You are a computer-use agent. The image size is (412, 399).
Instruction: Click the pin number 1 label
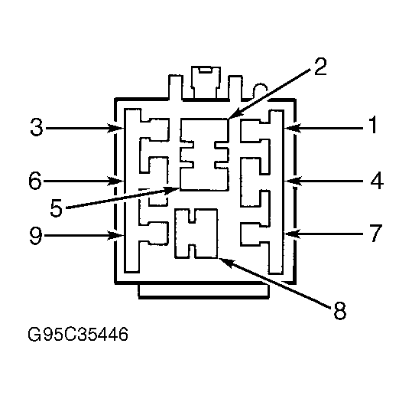[x=372, y=125]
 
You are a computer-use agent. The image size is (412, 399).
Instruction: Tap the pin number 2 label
[x=320, y=67]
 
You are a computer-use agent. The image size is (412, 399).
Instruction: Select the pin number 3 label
[x=36, y=127]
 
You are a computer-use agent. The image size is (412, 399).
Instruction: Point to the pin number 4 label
[x=377, y=180]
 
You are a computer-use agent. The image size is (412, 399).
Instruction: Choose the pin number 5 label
[x=57, y=208]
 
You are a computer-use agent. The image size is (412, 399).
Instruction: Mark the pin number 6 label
[x=35, y=180]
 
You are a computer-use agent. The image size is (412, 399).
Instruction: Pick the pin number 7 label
[x=376, y=233]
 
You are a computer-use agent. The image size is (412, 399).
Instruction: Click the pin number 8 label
[x=339, y=311]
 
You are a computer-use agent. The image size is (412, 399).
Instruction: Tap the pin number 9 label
[x=36, y=236]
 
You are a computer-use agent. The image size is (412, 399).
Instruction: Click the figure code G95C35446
[x=78, y=334]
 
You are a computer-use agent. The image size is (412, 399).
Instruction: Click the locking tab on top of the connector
[x=206, y=82]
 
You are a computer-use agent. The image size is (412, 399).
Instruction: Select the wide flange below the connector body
[x=203, y=291]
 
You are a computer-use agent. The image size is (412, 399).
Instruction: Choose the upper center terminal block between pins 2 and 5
[x=204, y=155]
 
